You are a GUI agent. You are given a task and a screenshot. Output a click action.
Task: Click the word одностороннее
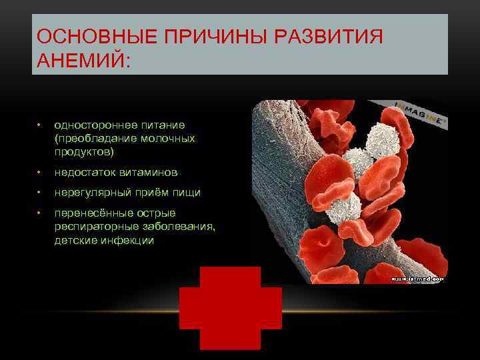click(93, 125)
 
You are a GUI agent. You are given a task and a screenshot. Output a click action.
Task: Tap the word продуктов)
click(84, 151)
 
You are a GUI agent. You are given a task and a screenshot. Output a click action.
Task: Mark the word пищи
click(187, 193)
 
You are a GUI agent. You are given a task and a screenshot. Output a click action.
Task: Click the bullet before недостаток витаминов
click(40, 172)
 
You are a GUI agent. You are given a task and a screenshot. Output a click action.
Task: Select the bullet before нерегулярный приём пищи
click(40, 193)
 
